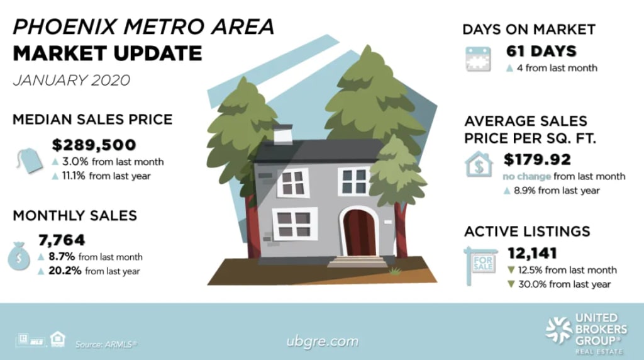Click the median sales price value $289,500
94,145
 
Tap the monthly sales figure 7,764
62,240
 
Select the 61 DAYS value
541,52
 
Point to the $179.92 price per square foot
537,159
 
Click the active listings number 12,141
532,253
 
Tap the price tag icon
30,160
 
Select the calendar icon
478,59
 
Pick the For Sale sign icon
480,265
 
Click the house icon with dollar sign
479,164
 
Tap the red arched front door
359,233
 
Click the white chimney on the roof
282,135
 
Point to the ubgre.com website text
323,342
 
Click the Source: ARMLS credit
106,344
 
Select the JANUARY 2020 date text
72,80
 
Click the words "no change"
527,176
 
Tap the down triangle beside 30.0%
511,284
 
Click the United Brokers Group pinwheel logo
558,330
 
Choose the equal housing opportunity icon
58,339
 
